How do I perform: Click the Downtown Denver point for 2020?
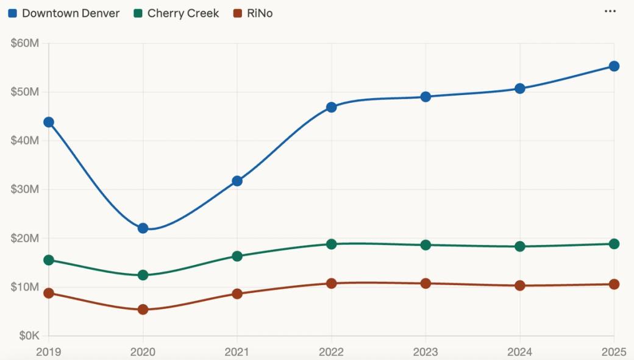143,228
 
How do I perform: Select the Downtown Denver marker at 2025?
614,66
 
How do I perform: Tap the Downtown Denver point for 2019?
49,122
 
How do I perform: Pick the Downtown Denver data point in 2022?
331,107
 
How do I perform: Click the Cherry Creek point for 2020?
143,275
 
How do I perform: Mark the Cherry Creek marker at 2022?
331,244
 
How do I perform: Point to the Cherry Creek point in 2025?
614,244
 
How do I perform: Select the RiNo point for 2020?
143,309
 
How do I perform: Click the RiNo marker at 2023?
426,283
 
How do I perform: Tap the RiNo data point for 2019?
49,293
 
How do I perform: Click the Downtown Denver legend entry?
64,13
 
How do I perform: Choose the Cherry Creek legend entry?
177,13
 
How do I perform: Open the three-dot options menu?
610,12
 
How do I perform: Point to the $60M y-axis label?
25,43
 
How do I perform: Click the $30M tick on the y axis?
25,189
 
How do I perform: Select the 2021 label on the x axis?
237,351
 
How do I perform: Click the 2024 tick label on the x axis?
519,351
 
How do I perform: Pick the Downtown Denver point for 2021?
237,181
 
